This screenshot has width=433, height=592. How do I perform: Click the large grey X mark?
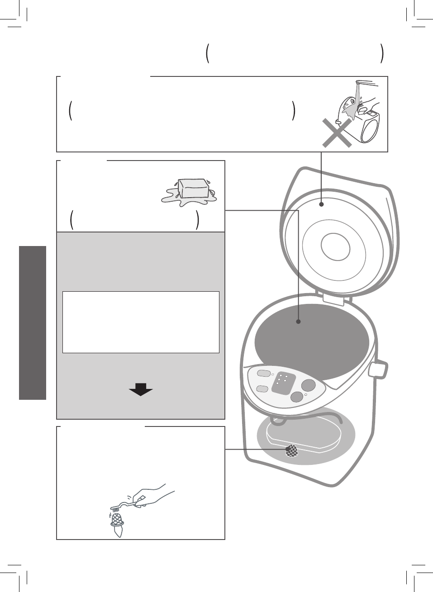point(337,133)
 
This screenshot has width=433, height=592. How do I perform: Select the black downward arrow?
point(141,389)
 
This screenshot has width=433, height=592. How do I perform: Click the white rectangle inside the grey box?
point(141,322)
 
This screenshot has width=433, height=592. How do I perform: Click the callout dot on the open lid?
point(321,204)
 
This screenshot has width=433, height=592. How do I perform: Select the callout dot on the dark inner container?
point(298,322)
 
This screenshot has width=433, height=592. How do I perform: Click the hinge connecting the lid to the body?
point(335,297)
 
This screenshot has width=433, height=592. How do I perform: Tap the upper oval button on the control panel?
point(262,374)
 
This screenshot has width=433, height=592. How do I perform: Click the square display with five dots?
point(283,384)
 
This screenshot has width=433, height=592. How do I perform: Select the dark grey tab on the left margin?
point(33,323)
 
